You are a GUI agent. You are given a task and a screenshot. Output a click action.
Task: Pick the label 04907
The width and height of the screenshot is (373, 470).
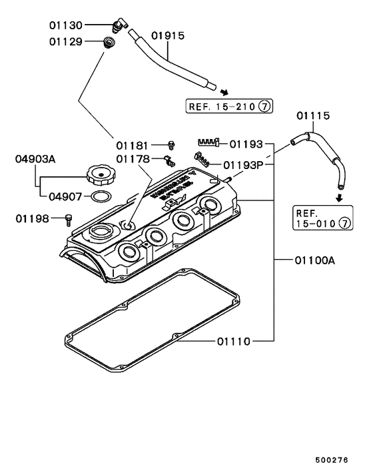pos(65,196)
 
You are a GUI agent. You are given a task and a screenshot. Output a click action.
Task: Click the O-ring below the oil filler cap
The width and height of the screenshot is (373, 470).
pos(99,196)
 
